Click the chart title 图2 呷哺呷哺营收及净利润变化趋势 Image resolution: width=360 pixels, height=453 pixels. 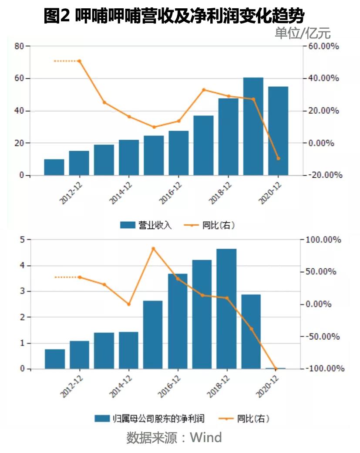coord(174,16)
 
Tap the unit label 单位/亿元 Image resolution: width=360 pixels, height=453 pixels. coord(303,33)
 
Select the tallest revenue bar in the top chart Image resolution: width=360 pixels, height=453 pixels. coord(253,126)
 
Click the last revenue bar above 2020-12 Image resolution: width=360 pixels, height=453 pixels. coord(278,131)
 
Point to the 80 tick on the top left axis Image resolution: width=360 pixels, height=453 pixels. coord(19,46)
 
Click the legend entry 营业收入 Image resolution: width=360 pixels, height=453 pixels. coord(146,225)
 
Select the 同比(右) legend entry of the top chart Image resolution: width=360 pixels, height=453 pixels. coord(212,225)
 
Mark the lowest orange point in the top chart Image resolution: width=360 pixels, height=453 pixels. coord(278,159)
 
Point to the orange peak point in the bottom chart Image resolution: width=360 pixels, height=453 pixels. coord(153,249)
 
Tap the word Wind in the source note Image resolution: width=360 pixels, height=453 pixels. coord(205,437)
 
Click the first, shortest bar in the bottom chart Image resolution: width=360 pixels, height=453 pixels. coord(55,359)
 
